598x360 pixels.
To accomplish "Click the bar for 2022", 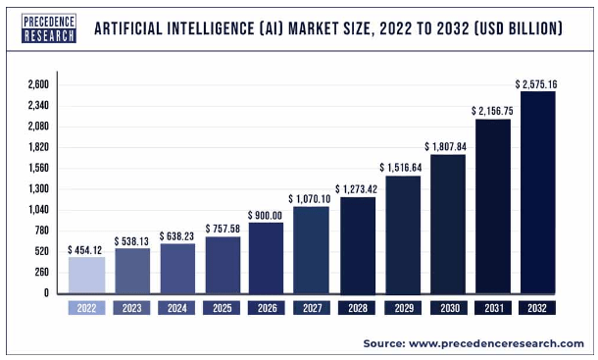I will [x=86, y=276].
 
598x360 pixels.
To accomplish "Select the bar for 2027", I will [x=312, y=250].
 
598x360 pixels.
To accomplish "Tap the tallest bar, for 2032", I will [x=537, y=192].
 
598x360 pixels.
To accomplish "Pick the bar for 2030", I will [x=447, y=224].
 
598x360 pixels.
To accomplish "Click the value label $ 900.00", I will [x=267, y=215].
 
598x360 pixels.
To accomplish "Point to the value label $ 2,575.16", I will [x=537, y=83].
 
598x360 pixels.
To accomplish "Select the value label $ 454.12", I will [x=86, y=250].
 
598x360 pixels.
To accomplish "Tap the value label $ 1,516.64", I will [x=402, y=167].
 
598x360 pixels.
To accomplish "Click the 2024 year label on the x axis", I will [x=176, y=308].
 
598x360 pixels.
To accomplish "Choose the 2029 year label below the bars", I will [x=402, y=308].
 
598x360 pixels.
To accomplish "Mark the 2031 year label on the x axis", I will [x=492, y=308].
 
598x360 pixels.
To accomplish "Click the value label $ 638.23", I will [x=176, y=236].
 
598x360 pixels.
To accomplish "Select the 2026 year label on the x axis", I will [x=267, y=308].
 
